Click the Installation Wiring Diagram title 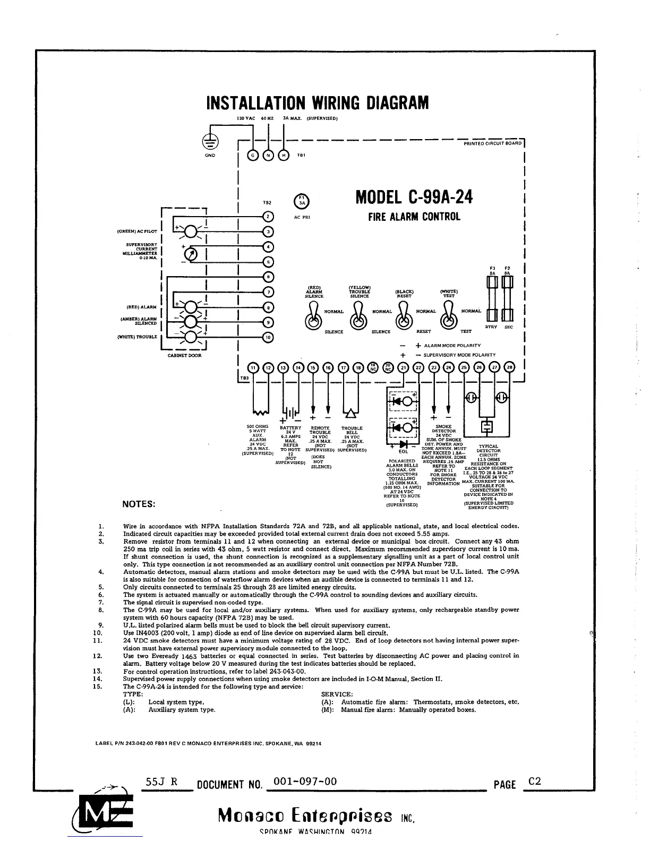tap(317, 102)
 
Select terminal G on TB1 tap(253, 155)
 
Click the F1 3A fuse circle tap(301, 200)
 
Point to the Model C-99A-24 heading tap(414, 198)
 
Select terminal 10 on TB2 tap(268, 337)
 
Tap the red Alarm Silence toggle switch tap(313, 317)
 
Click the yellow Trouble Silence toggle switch tap(359, 317)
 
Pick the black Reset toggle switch tap(404, 317)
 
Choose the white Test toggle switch tap(449, 317)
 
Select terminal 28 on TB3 tap(510, 368)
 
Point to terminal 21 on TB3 tap(404, 368)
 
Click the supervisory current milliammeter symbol tap(193, 254)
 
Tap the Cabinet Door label tap(185, 355)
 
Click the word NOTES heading tap(139, 504)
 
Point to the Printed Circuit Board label tap(492, 143)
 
